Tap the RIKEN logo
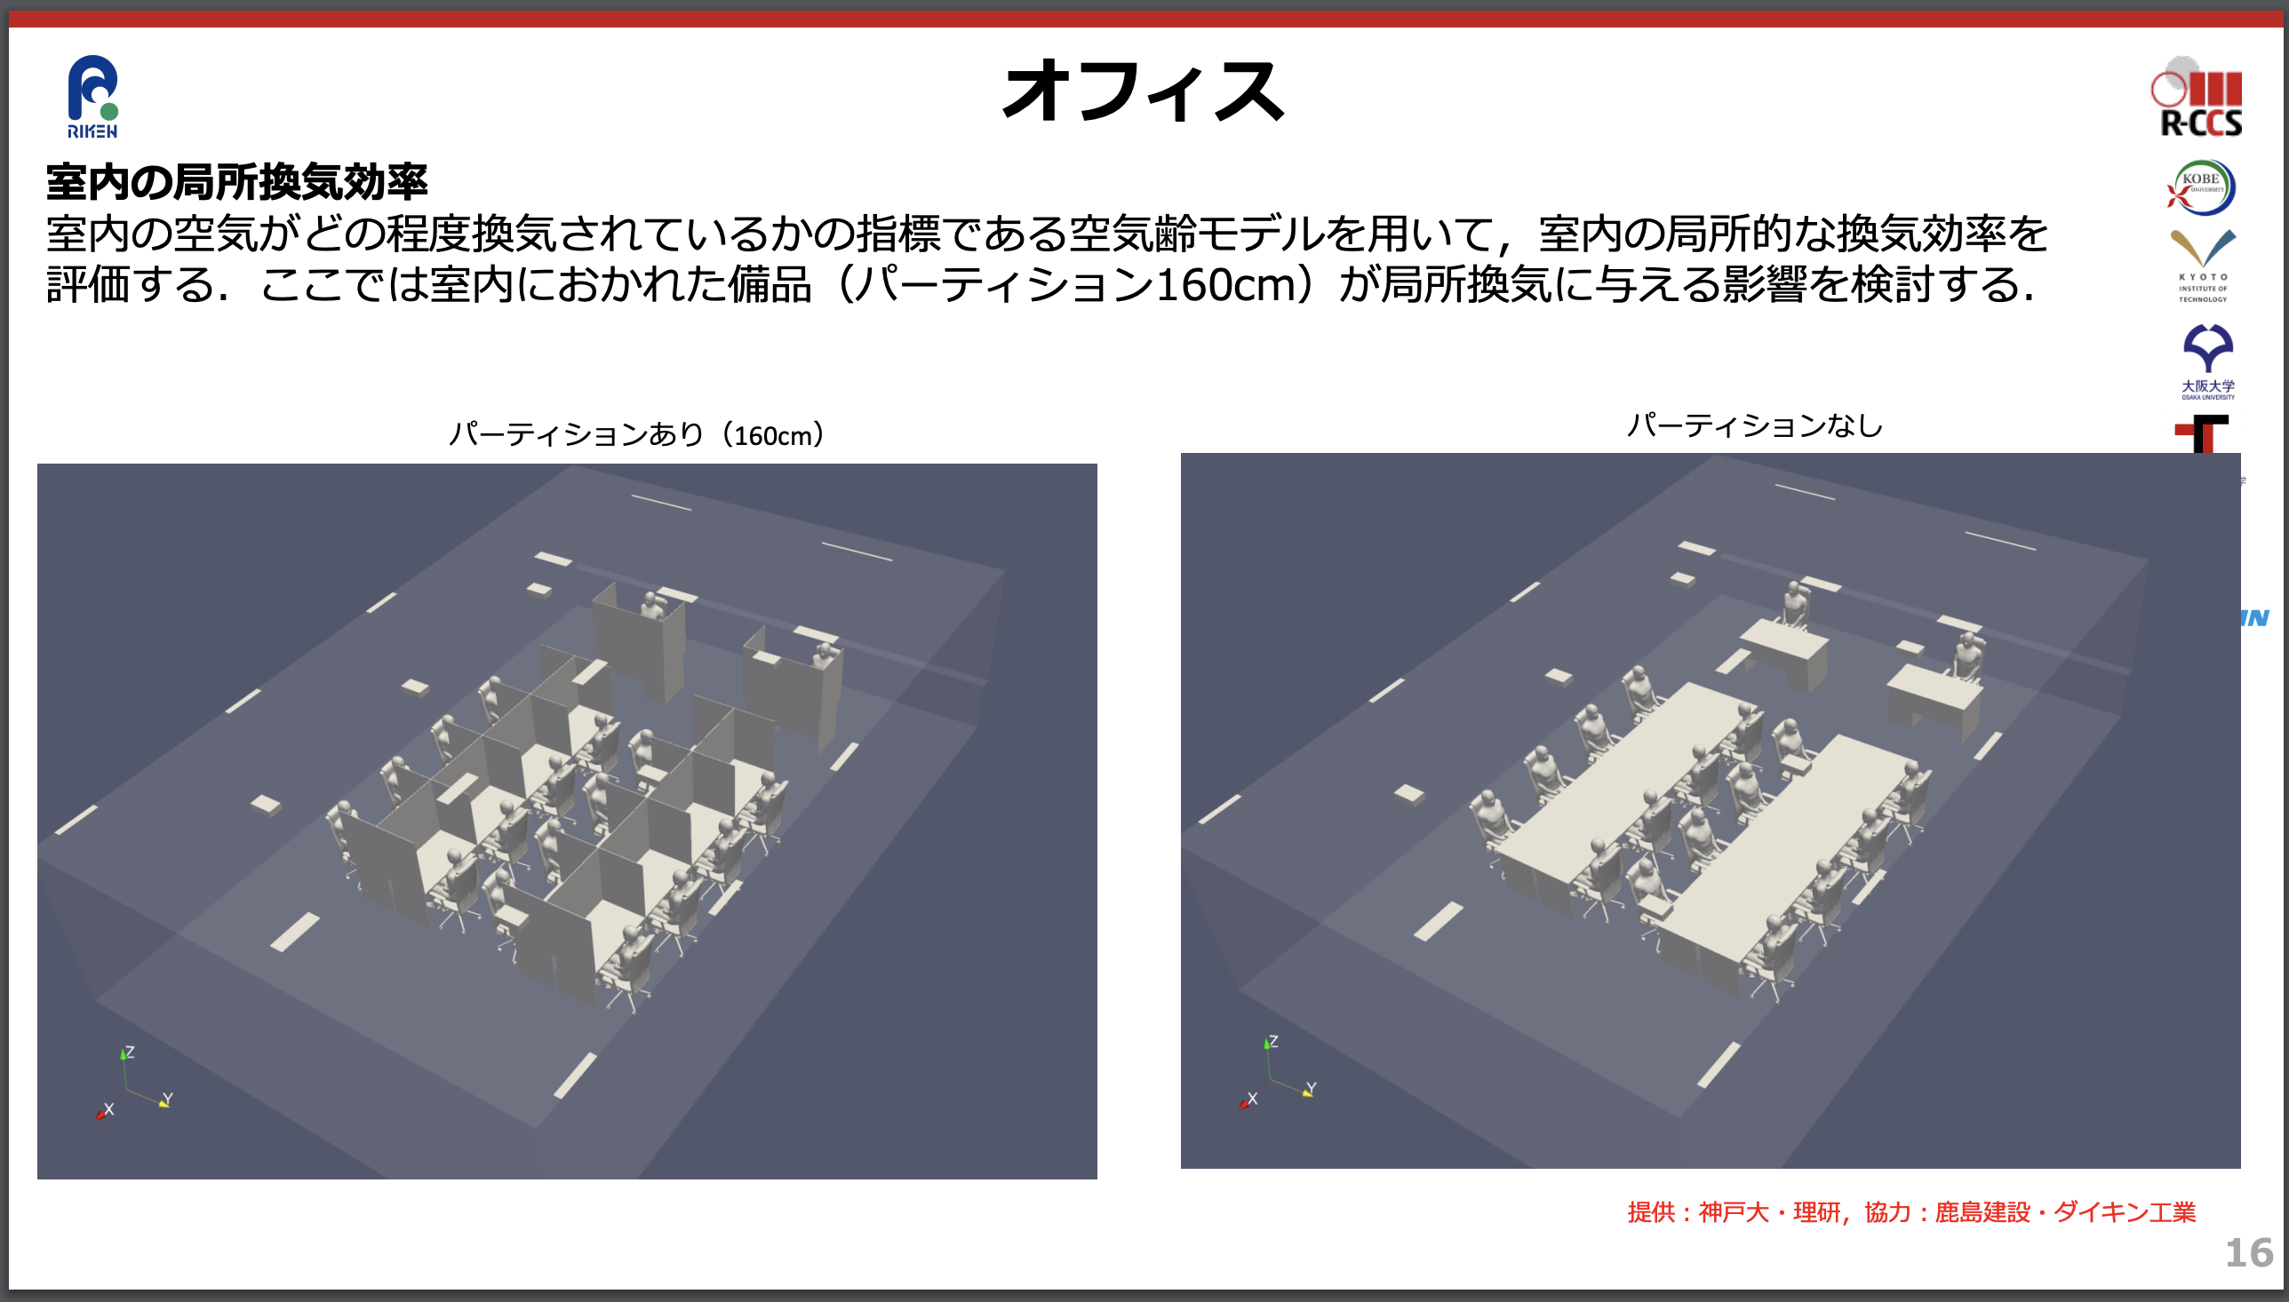93,97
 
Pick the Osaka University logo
2207,361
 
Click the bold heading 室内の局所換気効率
237,182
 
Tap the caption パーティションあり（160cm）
636,434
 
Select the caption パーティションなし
1754,425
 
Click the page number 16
2249,1253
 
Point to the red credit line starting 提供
1911,1211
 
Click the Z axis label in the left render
131,1052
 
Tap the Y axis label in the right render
1312,1088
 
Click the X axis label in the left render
109,1109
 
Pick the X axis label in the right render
1252,1098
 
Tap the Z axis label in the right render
1273,1042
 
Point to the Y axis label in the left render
168,1099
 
